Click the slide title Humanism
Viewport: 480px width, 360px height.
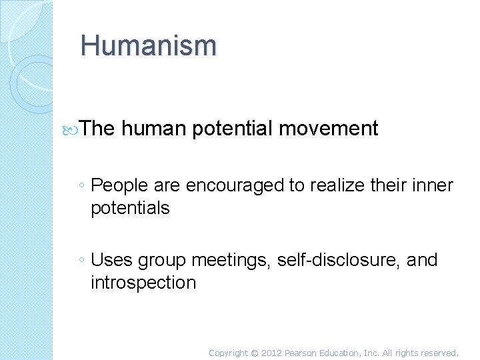pyautogui.click(x=148, y=45)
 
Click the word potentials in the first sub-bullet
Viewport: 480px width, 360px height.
pyautogui.click(x=131, y=208)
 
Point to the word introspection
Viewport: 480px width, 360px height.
pyautogui.click(x=143, y=283)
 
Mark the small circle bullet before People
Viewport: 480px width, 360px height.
pyautogui.click(x=80, y=186)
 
